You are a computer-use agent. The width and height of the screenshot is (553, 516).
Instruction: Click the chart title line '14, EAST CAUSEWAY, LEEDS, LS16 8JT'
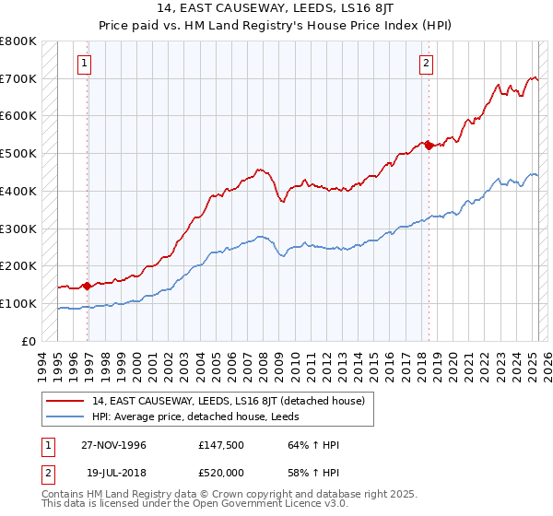(276, 8)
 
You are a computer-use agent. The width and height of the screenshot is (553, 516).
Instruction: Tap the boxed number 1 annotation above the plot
(84, 64)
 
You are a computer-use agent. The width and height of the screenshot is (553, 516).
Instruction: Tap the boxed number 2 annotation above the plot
(427, 64)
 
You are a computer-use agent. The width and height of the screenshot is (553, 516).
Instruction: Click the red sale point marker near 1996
(87, 286)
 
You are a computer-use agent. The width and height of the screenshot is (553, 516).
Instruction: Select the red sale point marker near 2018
(429, 145)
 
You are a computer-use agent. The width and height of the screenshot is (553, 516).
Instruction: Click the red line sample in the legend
(65, 401)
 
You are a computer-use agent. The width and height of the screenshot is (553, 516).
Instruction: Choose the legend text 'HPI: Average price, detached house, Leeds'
(189, 416)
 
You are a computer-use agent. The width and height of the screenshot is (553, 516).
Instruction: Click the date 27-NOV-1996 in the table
(112, 445)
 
